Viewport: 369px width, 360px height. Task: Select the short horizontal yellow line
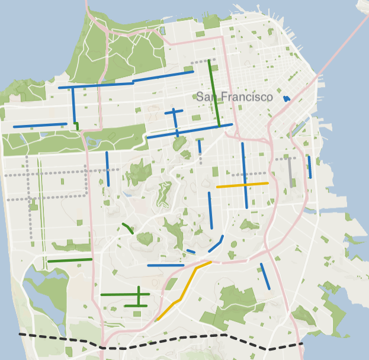(x=242, y=185)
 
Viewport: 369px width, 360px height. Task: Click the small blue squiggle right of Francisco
(x=287, y=99)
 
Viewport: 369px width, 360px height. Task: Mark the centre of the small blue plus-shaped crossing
(x=174, y=111)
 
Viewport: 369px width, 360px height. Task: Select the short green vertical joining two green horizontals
(x=139, y=295)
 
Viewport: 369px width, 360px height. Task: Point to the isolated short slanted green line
(x=127, y=227)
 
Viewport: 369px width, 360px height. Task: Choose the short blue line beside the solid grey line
(x=309, y=167)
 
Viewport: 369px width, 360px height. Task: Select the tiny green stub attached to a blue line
(x=77, y=126)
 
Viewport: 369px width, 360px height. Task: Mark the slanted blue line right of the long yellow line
(x=265, y=276)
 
